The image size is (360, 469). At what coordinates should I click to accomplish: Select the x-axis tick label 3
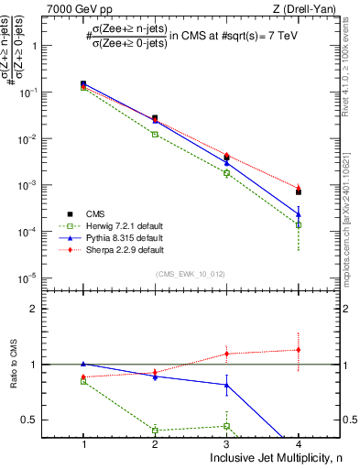[x=227, y=444]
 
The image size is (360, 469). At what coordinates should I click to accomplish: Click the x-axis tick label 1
[x=83, y=444]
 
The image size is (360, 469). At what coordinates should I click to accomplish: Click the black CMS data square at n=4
[x=299, y=192]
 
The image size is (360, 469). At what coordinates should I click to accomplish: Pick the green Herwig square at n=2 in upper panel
[x=155, y=135]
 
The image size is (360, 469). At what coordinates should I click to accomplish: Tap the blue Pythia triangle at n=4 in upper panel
[x=299, y=215]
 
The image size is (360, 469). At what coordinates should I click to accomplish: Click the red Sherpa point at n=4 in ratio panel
[x=299, y=349]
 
